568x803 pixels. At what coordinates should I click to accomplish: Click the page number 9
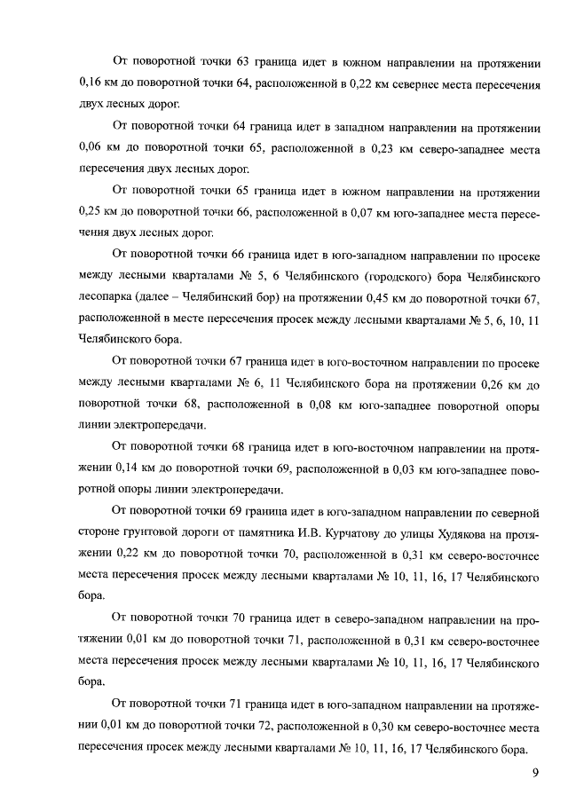(535, 773)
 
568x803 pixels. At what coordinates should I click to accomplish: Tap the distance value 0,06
(92, 147)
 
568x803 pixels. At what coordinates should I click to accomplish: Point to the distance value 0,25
(92, 212)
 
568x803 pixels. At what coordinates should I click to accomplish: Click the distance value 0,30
(383, 727)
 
